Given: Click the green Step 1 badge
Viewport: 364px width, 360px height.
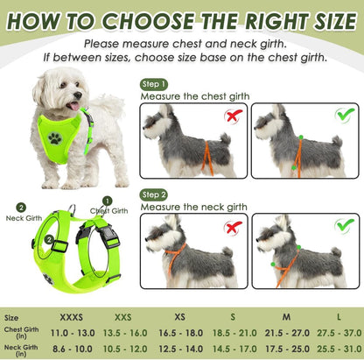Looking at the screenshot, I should coord(153,84).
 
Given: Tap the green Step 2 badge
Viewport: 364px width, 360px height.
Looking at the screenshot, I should coord(153,194).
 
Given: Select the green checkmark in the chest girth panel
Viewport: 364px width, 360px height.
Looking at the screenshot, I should coord(344,115).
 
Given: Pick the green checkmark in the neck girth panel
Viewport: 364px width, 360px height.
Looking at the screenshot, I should coord(344,226).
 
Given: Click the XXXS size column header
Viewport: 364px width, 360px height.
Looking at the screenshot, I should coord(73,318).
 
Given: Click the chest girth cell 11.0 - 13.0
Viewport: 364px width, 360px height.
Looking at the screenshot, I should coord(73,335).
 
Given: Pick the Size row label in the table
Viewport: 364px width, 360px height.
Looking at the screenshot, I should coord(11,318).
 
